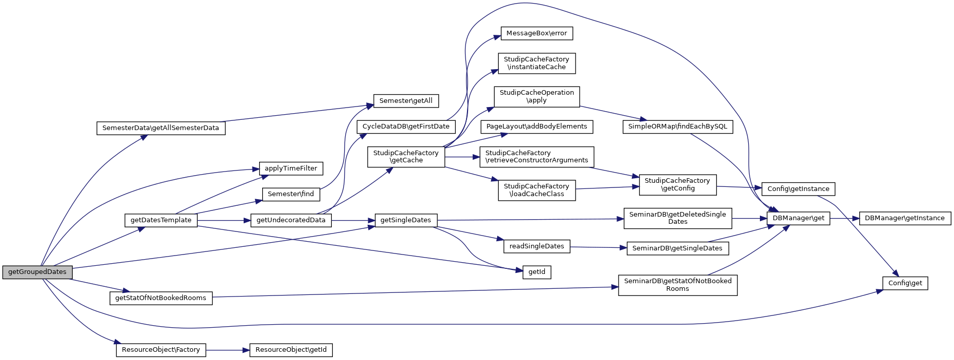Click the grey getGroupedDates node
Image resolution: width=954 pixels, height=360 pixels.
tap(37, 272)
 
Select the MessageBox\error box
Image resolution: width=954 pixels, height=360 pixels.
tap(536, 33)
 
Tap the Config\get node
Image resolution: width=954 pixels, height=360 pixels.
tap(905, 283)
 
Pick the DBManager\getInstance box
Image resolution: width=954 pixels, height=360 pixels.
tap(904, 218)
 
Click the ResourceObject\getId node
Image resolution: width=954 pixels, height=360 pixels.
tap(291, 350)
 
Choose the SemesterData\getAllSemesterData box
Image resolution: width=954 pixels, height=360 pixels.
tap(160, 128)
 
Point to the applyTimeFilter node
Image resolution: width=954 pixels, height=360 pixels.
tap(290, 168)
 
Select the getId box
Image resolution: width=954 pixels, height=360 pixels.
tap(536, 272)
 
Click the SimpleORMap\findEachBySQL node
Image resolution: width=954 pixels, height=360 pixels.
tap(677, 126)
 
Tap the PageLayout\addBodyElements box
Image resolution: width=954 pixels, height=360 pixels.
tap(536, 126)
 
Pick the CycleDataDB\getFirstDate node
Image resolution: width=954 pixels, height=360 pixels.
tap(406, 126)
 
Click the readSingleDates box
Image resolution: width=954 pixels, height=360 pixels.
tap(536, 246)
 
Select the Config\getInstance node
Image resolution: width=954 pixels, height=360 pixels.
tap(798, 189)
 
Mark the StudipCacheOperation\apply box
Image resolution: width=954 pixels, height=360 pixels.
tap(536, 96)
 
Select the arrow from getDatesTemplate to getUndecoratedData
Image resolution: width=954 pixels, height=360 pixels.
tap(223, 221)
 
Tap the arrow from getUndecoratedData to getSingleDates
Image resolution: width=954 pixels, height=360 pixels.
tap(353, 221)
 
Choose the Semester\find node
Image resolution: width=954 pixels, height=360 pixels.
tap(290, 195)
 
